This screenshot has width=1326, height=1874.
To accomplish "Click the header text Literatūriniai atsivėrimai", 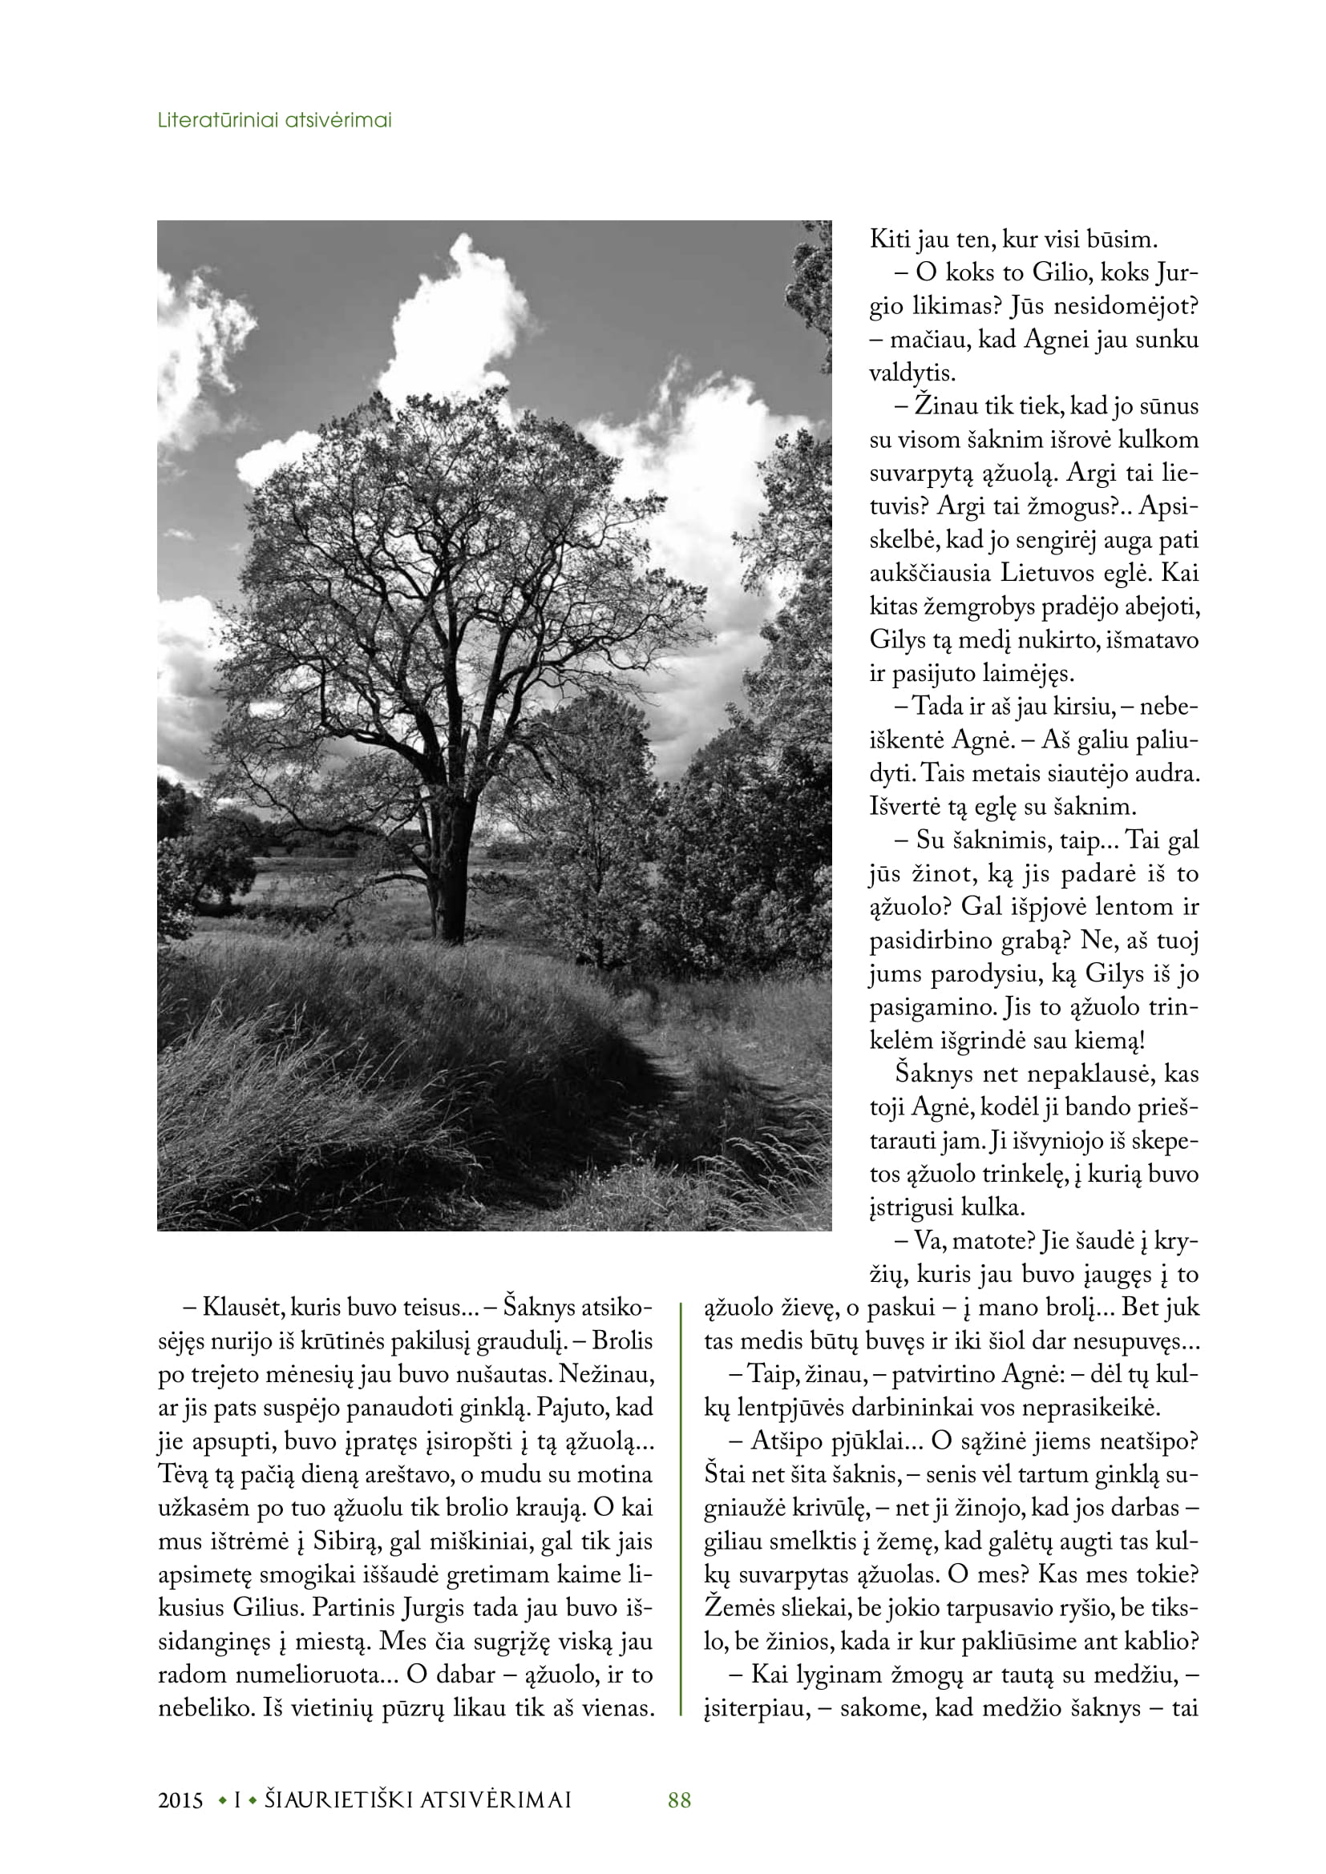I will point(274,120).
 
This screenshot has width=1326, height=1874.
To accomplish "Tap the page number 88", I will point(679,1799).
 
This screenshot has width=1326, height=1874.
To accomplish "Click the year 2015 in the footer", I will point(180,1799).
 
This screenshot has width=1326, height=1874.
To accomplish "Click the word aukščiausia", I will point(930,572).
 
